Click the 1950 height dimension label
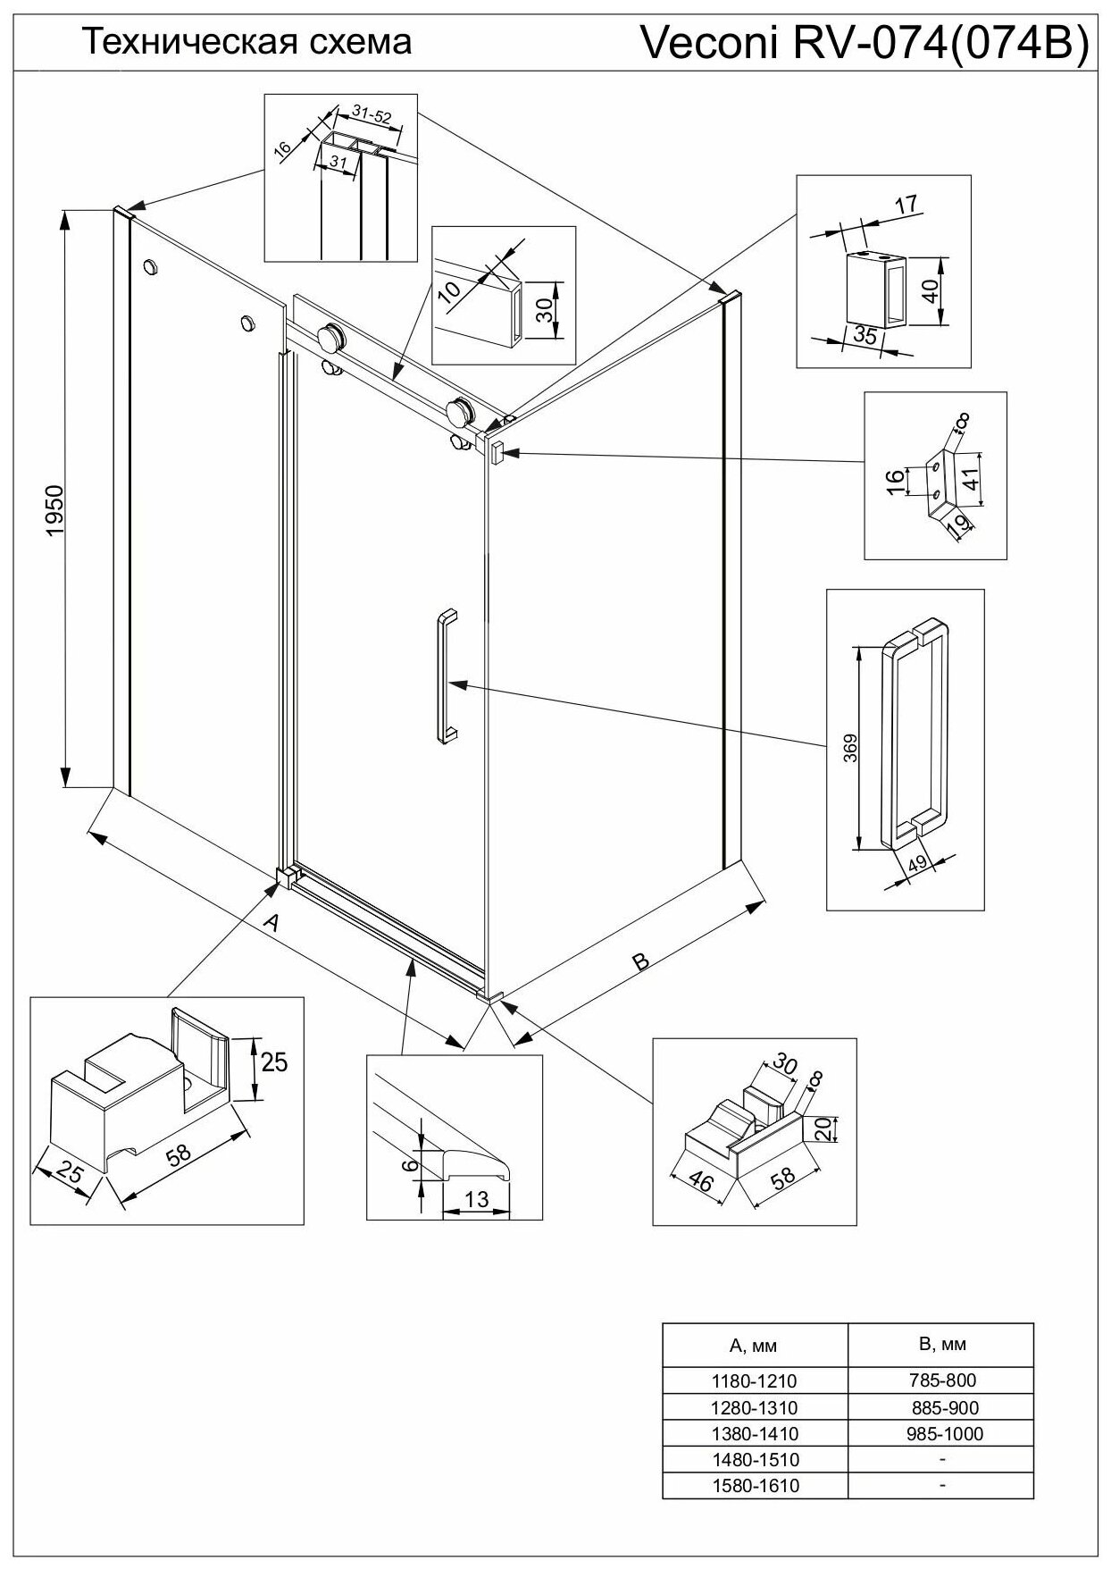(55, 510)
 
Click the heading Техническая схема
(247, 41)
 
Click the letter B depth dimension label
(640, 961)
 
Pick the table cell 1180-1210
(754, 1380)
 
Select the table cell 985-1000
(940, 1433)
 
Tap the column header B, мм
(940, 1344)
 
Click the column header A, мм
(754, 1345)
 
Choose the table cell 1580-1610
(754, 1486)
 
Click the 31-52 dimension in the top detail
(371, 114)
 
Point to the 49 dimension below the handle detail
(915, 865)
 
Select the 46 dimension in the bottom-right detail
(703, 1181)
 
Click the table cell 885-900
(940, 1407)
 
